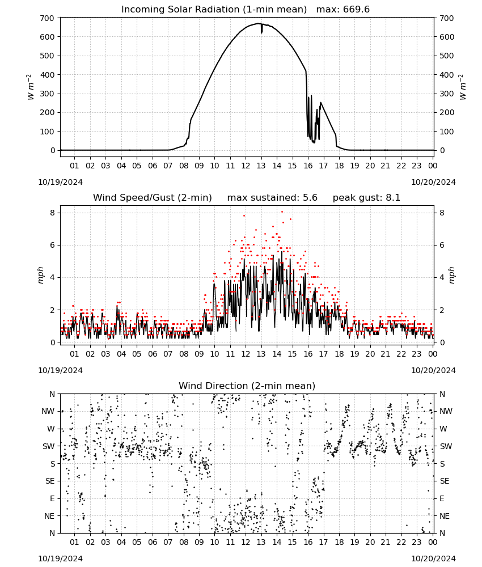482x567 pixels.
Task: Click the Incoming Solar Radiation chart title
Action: pos(214,10)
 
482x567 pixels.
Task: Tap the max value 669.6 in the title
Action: pos(356,10)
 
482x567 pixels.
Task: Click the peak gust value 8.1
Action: pos(392,198)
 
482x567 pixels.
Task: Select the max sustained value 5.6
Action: pos(310,198)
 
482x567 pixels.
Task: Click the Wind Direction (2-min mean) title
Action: pos(247,386)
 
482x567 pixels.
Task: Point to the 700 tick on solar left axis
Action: pos(47,18)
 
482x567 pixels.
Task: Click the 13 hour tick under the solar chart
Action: pos(261,166)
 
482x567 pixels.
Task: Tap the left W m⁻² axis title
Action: pos(31,87)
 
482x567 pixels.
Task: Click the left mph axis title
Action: pos(40,276)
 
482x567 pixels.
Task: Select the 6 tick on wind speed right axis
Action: pos(442,245)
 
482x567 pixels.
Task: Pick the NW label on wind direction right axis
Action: pos(446,412)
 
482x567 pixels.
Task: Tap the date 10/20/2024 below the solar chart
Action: pos(433,182)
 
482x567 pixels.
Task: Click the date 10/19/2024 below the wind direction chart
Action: pos(60,558)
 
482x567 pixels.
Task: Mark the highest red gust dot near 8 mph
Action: pos(282,212)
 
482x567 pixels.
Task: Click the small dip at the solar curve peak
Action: pos(261,29)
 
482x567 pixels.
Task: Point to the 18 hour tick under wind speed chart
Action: pos(339,354)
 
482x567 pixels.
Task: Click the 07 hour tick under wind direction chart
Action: pos(168,542)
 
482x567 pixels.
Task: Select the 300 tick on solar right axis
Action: pos(447,94)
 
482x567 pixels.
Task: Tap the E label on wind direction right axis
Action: pos(442,498)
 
